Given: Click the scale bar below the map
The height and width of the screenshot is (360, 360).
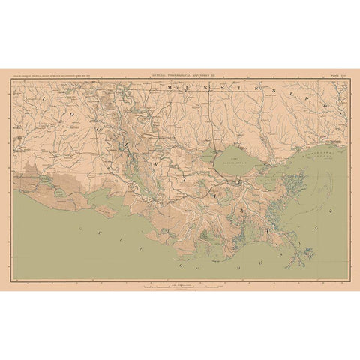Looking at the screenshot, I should [180, 284].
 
